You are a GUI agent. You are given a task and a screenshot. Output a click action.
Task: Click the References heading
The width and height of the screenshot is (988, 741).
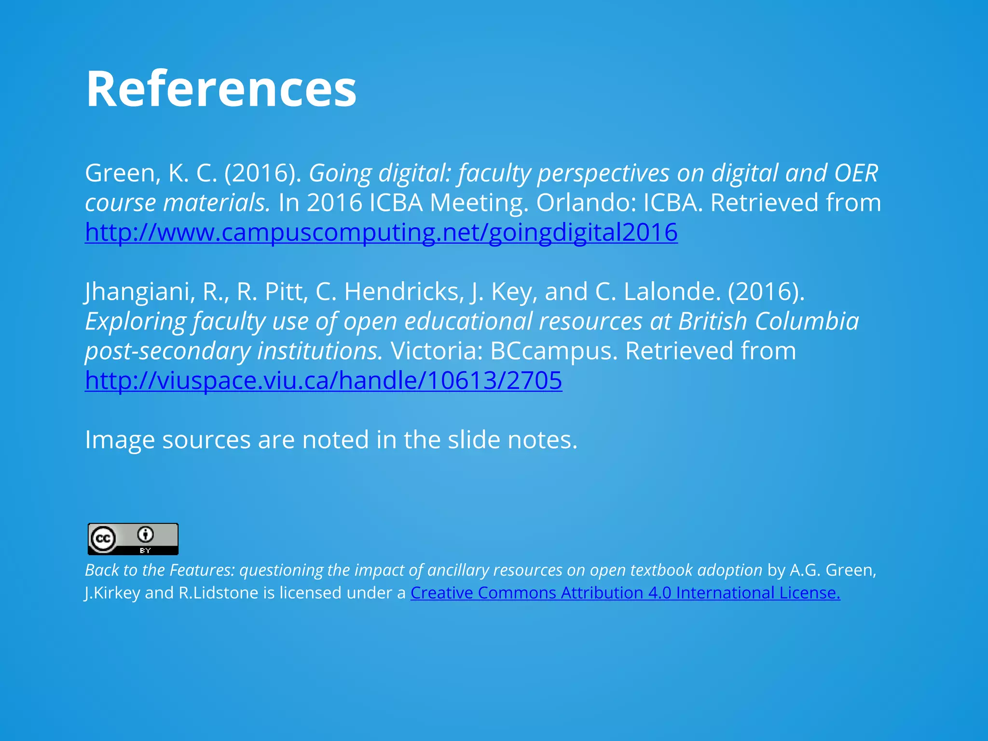[221, 89]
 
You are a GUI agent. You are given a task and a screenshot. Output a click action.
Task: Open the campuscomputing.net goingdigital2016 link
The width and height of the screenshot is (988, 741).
[381, 233]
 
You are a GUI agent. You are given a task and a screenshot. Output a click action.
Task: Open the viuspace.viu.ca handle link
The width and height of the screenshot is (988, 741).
[323, 381]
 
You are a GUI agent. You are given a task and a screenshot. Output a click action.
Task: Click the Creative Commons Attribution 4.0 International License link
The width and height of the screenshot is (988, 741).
[625, 593]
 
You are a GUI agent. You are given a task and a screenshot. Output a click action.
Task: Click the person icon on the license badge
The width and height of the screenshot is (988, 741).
[146, 535]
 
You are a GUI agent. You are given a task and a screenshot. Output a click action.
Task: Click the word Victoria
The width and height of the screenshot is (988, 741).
[437, 351]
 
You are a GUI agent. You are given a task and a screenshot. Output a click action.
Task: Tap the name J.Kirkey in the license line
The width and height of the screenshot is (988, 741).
[112, 593]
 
